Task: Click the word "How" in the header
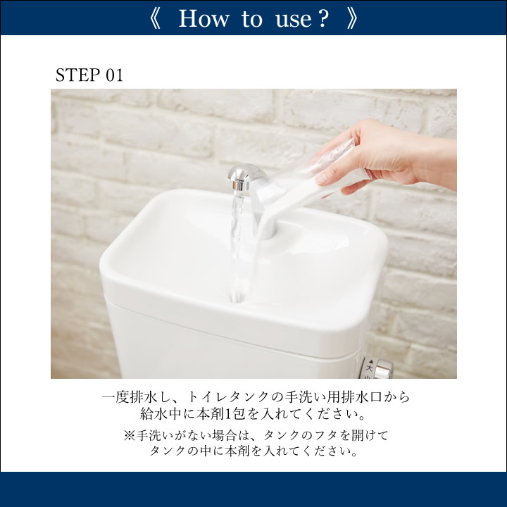pos(204,18)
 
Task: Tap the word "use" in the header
pos(294,20)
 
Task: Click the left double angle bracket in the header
pos(155,19)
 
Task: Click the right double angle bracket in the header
pos(352,19)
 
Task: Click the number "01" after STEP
pos(115,75)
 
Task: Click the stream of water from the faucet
pos(240,246)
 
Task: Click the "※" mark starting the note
pos(129,436)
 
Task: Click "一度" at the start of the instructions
pos(115,397)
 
